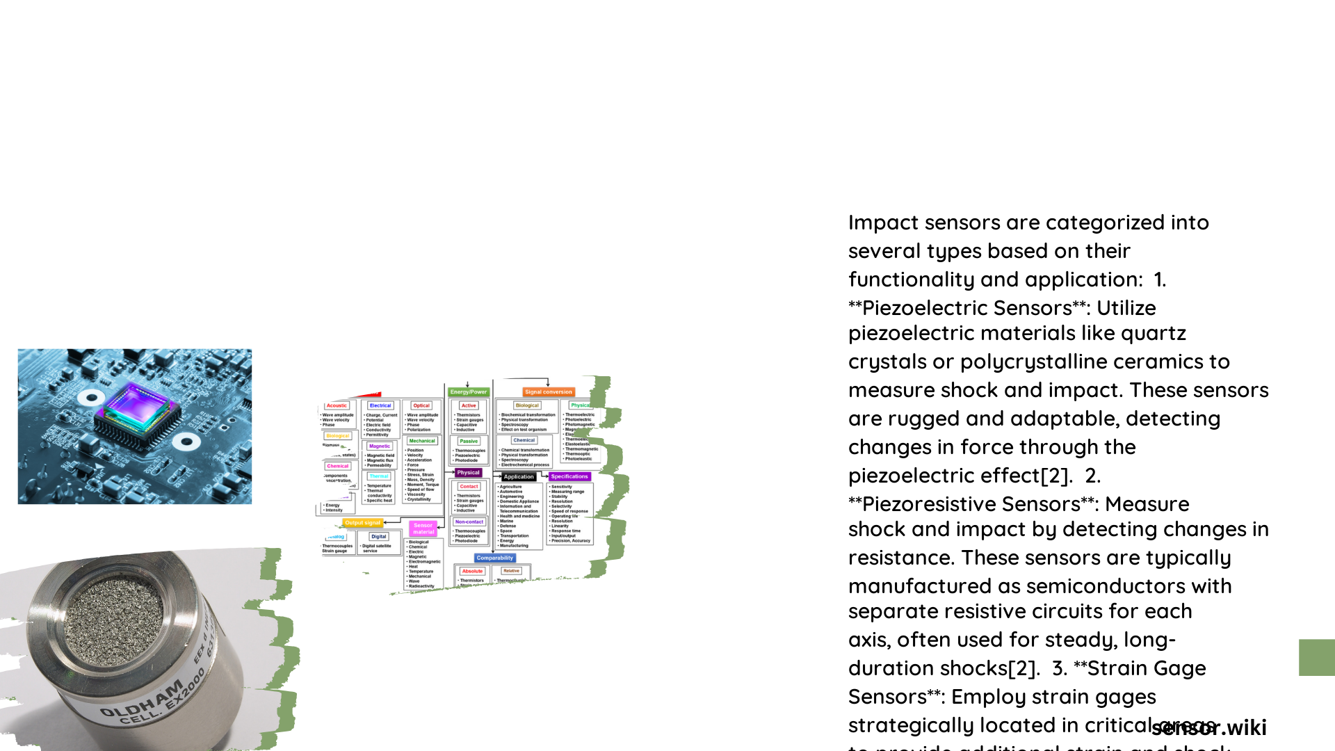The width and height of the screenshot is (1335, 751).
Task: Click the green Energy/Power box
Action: [469, 392]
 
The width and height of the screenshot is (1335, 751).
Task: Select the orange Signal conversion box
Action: [549, 392]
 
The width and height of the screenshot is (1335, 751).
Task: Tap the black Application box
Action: [519, 477]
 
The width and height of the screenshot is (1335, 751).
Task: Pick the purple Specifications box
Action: [569, 477]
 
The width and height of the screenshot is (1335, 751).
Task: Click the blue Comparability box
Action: [495, 558]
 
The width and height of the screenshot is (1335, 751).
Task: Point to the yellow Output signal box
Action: [362, 523]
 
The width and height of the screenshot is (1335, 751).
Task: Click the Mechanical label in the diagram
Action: [422, 441]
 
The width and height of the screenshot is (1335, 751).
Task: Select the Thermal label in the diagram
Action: [379, 477]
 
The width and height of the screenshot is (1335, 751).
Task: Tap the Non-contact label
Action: [469, 522]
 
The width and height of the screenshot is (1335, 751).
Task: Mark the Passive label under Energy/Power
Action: [469, 442]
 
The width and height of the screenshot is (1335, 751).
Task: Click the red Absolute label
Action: [472, 572]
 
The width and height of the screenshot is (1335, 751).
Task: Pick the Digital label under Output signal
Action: [379, 537]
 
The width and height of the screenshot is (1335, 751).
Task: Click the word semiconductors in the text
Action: [1092, 587]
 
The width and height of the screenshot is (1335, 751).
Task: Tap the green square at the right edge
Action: [1316, 658]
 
